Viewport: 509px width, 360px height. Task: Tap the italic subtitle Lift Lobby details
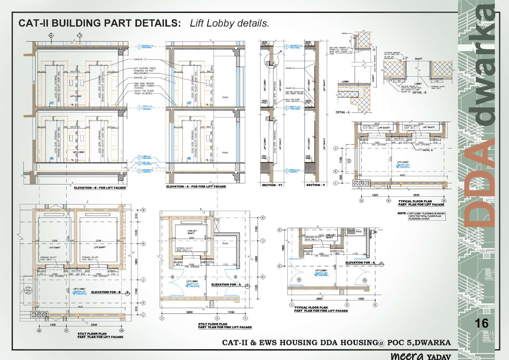(229, 23)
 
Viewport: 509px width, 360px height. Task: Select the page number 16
(482, 323)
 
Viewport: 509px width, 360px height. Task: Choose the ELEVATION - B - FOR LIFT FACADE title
(100, 188)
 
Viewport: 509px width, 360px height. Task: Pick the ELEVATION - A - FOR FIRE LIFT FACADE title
(196, 187)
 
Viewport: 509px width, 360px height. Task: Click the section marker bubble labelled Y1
(51, 36)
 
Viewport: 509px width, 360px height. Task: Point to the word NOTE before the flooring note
(402, 213)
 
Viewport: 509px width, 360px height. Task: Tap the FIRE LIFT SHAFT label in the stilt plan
(190, 232)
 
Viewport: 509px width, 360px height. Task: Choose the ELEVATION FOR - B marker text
(106, 292)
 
